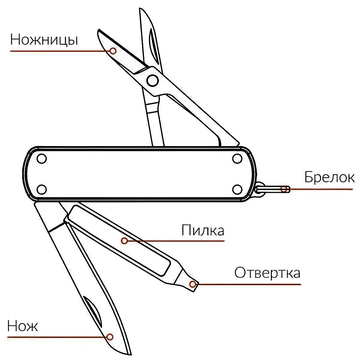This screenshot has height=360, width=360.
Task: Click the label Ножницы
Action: tap(44, 40)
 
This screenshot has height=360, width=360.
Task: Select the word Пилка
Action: tap(203, 231)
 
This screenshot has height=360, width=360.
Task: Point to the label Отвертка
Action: tap(267, 273)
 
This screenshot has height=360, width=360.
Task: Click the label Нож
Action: tap(23, 326)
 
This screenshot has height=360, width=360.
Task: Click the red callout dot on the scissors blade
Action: tap(113, 51)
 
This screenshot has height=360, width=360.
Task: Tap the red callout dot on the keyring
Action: tap(283, 189)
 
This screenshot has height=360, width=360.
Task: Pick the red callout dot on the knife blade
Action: tap(110, 337)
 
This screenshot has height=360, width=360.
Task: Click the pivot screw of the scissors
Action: tap(152, 80)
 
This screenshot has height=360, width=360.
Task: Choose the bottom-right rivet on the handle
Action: tap(237, 189)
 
